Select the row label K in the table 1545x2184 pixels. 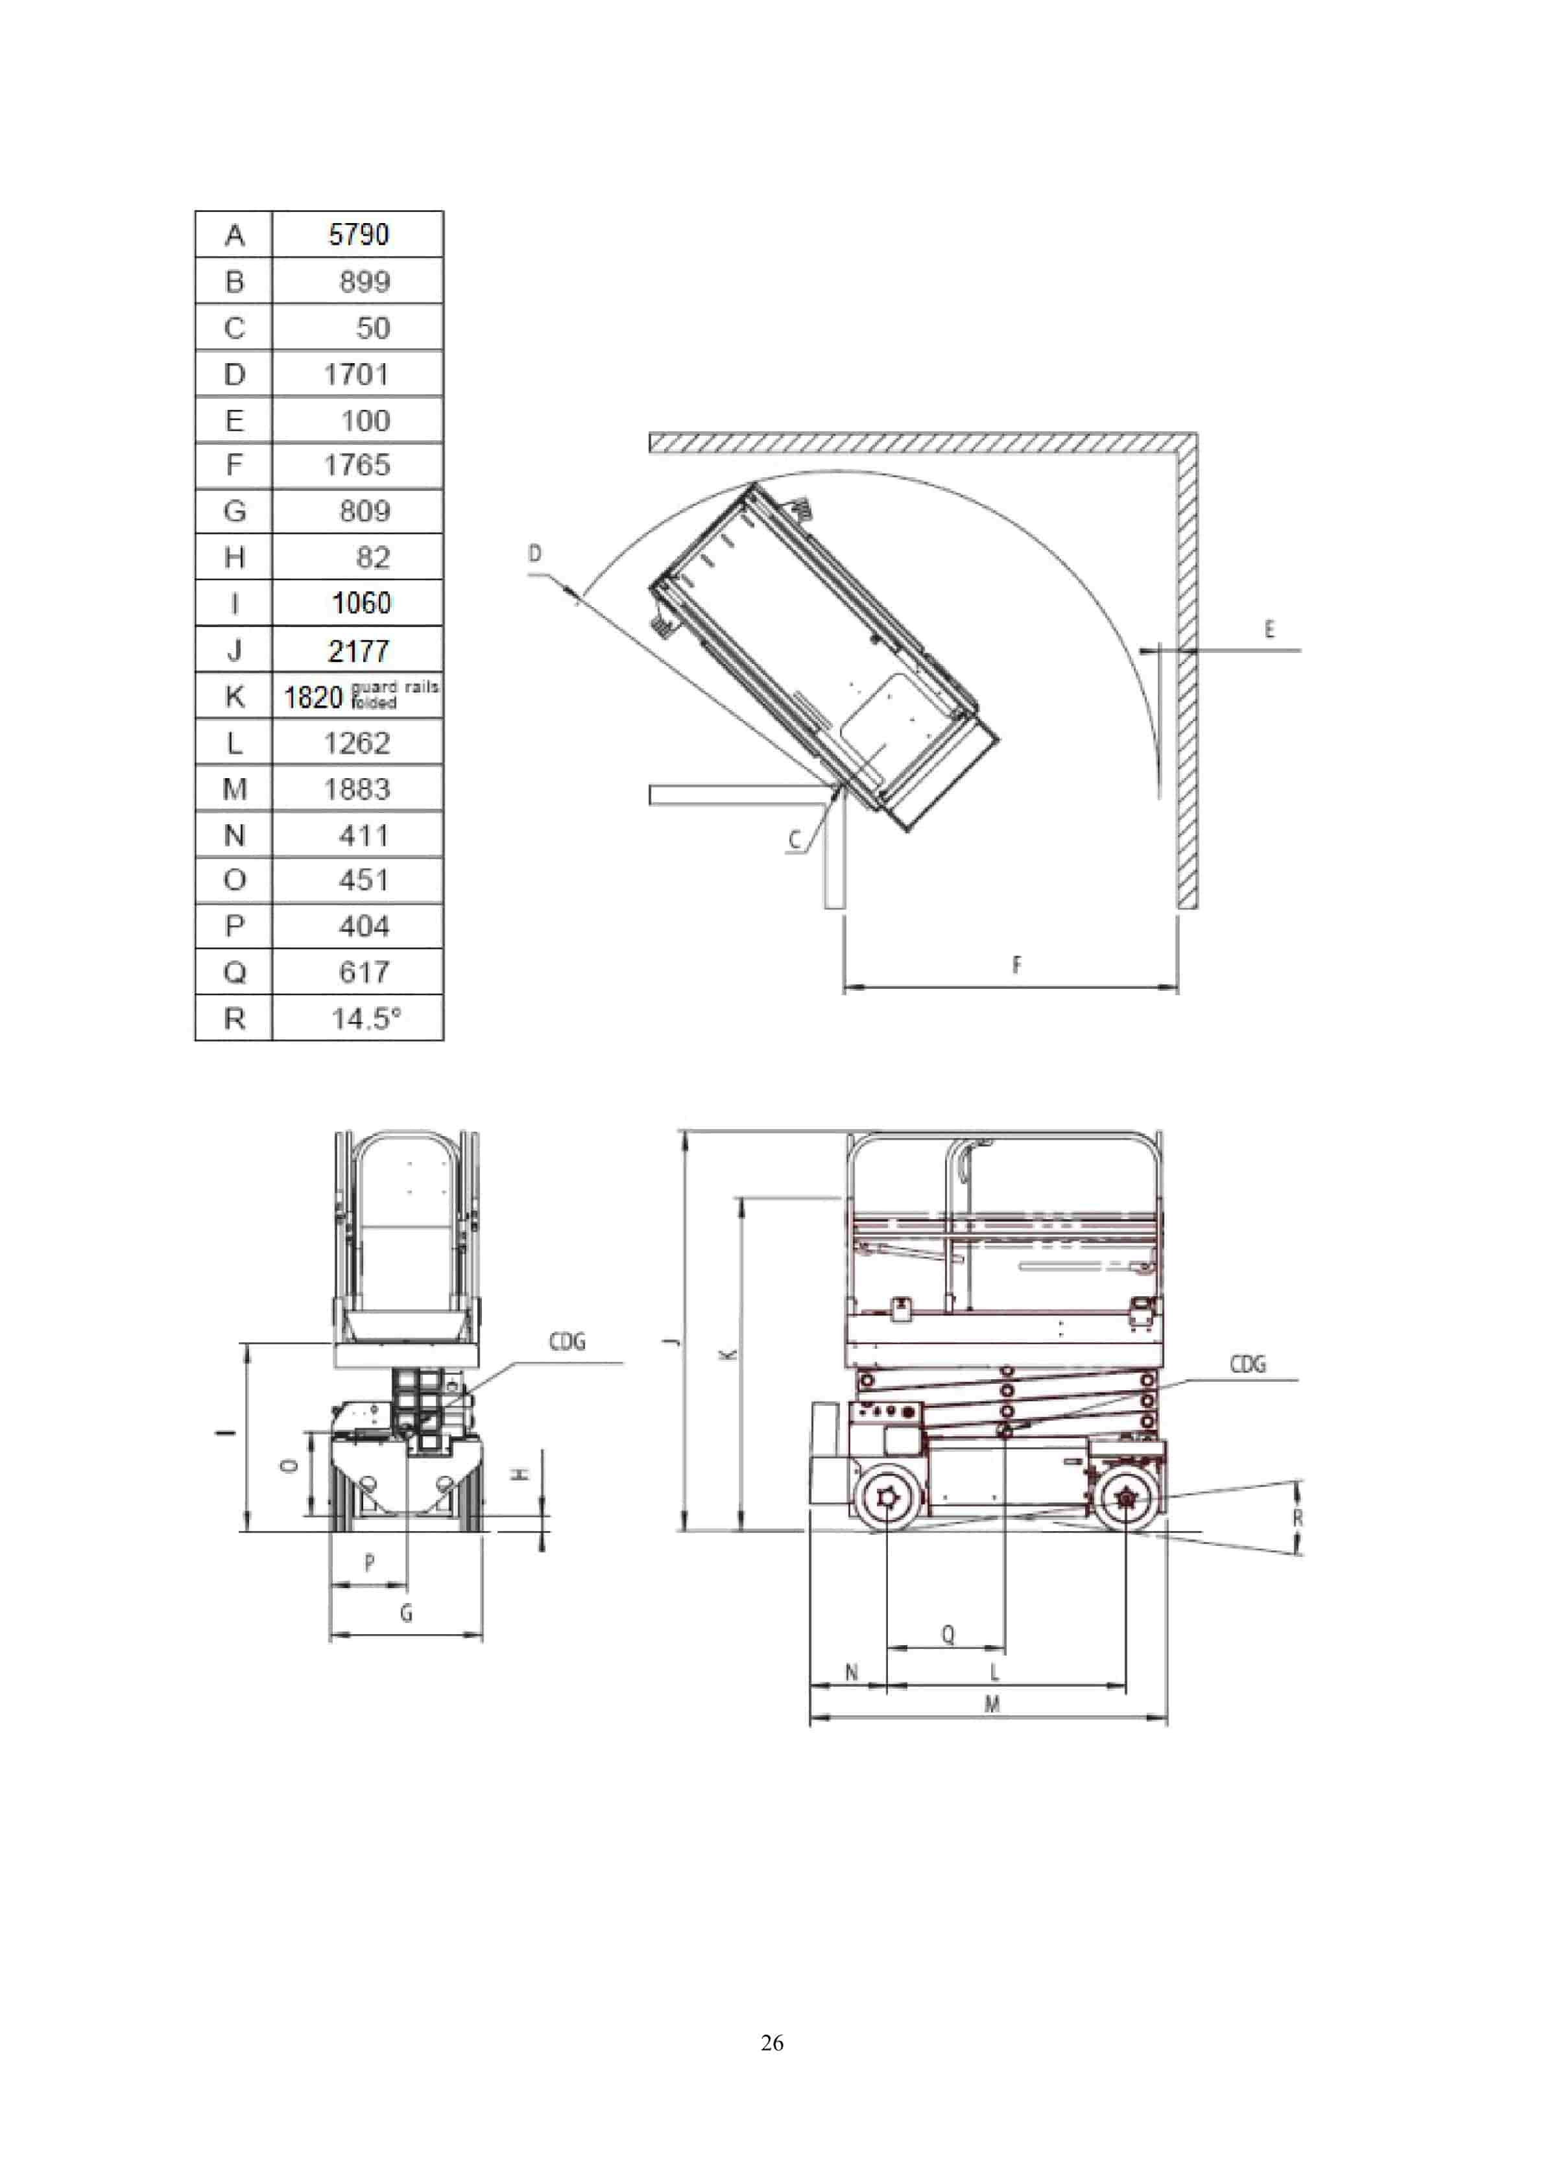click(x=234, y=696)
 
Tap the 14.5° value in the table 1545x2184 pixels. click(x=365, y=1019)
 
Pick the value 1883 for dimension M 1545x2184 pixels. click(x=357, y=789)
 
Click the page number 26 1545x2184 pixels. click(x=772, y=2042)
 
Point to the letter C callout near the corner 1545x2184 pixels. click(x=795, y=840)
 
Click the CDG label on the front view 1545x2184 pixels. click(x=567, y=1341)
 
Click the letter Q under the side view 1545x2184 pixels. click(x=948, y=1634)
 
